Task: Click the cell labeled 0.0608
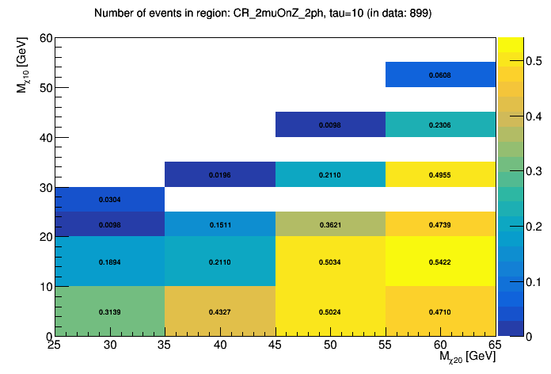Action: click(x=440, y=74)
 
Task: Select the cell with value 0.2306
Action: click(x=440, y=124)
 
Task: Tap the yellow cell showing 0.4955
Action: click(x=440, y=174)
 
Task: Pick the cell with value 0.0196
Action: click(x=220, y=174)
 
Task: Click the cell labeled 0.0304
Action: click(x=110, y=200)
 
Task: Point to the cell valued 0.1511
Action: click(x=220, y=224)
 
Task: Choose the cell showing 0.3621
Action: click(x=330, y=224)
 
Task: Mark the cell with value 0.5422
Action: click(x=440, y=261)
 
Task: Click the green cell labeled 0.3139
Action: click(x=110, y=311)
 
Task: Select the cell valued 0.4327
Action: click(x=220, y=311)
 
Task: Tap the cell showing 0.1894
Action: click(x=110, y=261)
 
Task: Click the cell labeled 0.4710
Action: click(x=440, y=311)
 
